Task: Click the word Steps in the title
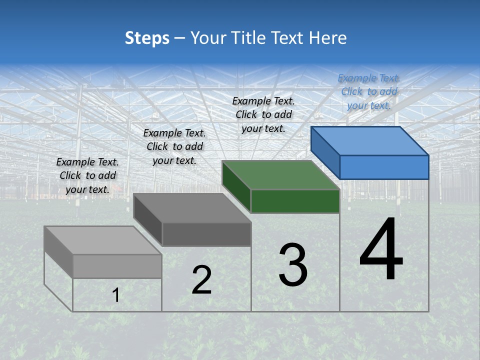point(147,38)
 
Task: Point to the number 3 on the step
point(293,265)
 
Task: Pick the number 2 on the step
point(201,280)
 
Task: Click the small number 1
point(116,295)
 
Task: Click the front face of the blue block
point(384,167)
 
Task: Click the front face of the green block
point(295,201)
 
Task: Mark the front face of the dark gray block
point(206,234)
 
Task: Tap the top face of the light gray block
point(103,240)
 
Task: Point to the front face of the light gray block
point(117,266)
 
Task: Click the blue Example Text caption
point(369,91)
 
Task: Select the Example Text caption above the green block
point(263,114)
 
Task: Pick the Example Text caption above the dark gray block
point(174,146)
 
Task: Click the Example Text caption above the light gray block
point(87,175)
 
